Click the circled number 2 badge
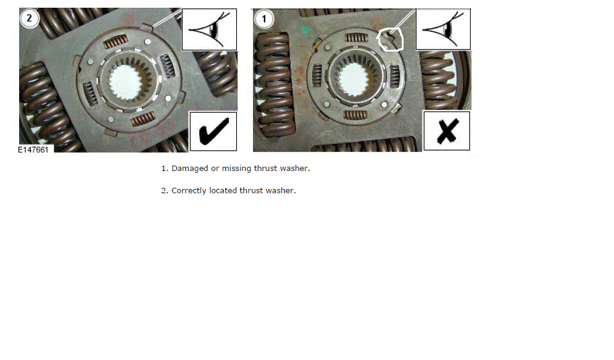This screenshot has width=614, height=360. [29, 19]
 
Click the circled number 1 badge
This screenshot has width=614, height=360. [264, 19]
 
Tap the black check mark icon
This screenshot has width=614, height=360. [213, 131]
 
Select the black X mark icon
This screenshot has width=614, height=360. [447, 131]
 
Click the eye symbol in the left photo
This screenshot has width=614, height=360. [209, 29]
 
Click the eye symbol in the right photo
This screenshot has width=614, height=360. [443, 29]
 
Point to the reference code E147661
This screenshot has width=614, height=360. [34, 150]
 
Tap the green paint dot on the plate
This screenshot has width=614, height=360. [305, 29]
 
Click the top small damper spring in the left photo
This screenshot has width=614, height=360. [115, 41]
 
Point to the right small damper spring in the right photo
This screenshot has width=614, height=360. [395, 74]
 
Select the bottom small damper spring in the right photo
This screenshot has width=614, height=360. [356, 115]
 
